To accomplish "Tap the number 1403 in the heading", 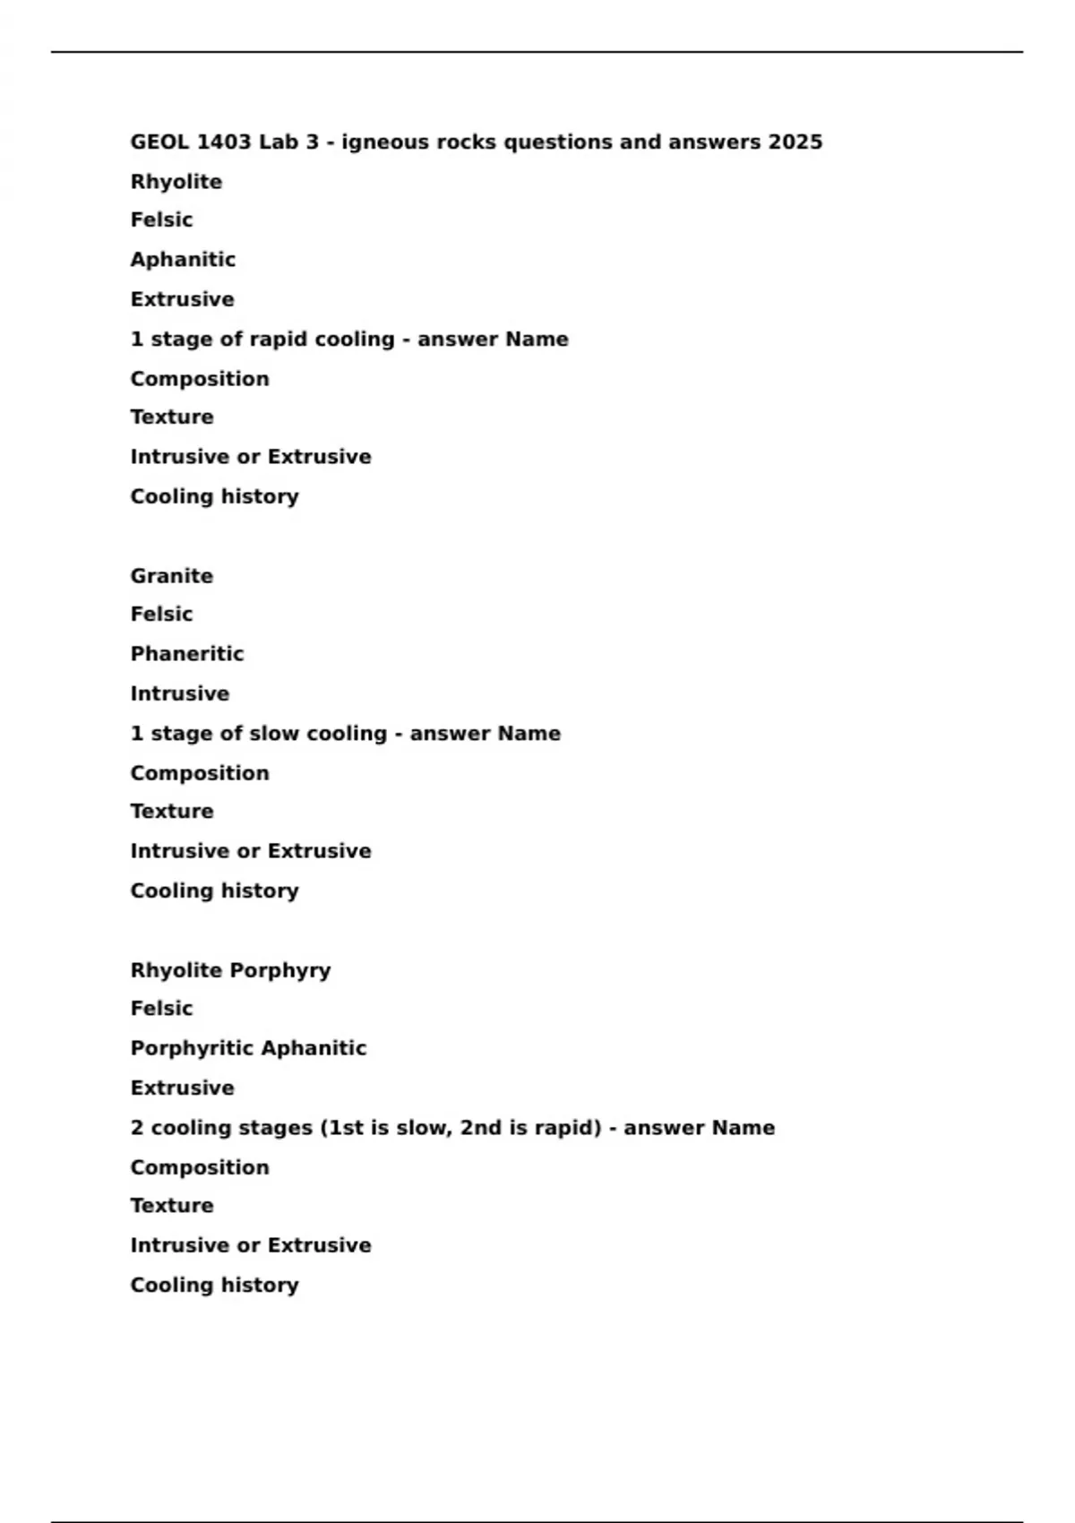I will (x=224, y=142).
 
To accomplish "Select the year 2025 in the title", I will (x=795, y=142).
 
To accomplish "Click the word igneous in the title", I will (x=384, y=142).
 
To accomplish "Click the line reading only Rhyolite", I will (x=176, y=182).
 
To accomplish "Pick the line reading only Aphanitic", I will (x=183, y=260).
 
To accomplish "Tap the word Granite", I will (x=172, y=576).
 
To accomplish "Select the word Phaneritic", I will (x=187, y=654).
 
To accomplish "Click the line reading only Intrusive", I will (x=180, y=694).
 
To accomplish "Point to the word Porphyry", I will (x=280, y=970).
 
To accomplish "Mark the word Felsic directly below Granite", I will (x=161, y=615).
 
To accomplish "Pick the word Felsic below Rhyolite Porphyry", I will (x=161, y=1009).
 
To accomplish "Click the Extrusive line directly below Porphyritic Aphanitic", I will (x=183, y=1088).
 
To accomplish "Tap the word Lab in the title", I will (x=277, y=142).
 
